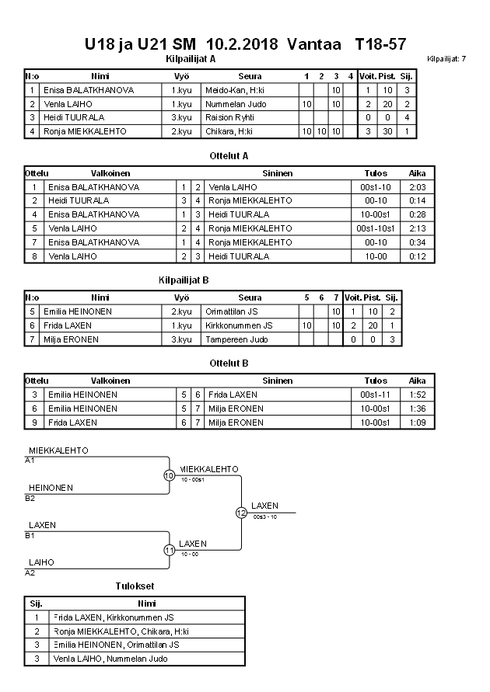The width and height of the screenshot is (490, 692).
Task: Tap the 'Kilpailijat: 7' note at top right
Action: [x=446, y=59]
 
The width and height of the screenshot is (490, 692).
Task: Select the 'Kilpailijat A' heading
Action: [x=191, y=59]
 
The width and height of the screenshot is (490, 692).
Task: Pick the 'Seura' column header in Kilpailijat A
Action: [x=250, y=76]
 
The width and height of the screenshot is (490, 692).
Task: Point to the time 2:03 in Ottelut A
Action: [x=418, y=187]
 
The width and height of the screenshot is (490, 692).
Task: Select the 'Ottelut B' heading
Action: [x=229, y=363]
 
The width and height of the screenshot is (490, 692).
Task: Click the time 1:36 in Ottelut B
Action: [x=418, y=409]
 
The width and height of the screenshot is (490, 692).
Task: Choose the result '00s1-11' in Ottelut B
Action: [x=376, y=395]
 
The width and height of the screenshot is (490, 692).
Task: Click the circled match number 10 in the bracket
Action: [x=169, y=475]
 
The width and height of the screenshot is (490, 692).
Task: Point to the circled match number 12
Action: [x=241, y=513]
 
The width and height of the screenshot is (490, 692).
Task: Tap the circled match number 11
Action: [x=169, y=550]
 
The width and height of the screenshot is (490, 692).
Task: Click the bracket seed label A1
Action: [x=30, y=461]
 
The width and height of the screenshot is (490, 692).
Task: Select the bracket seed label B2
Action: [x=30, y=498]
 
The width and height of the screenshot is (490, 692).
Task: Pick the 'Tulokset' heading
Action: [x=135, y=586]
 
